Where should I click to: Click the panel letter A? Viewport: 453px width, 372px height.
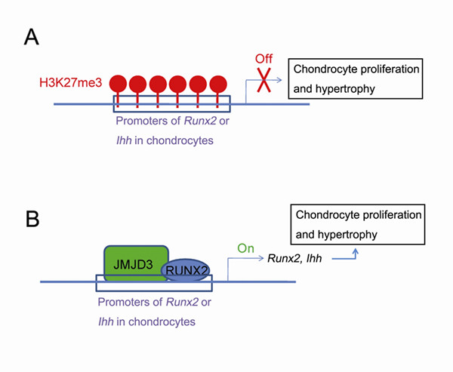point(32,35)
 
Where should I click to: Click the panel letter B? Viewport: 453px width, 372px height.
point(32,220)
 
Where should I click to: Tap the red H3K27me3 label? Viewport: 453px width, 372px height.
point(72,81)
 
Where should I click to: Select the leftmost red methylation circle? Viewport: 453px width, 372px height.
point(119,83)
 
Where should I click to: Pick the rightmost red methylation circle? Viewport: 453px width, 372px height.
point(219,83)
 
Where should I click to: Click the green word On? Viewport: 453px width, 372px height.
point(245,246)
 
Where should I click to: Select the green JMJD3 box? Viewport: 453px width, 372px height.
point(134,264)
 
